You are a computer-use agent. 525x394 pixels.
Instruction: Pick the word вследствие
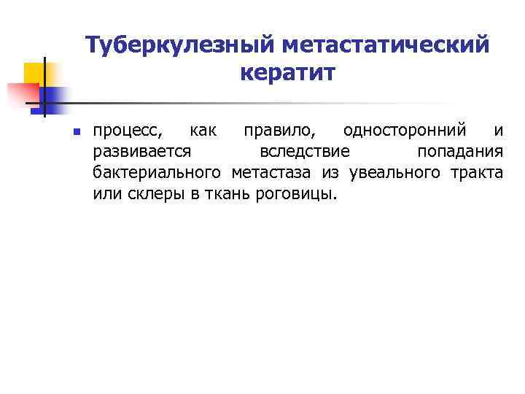tap(305, 152)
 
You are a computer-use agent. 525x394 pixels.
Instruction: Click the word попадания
tap(459, 152)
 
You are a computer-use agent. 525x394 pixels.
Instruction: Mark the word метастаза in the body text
tap(272, 173)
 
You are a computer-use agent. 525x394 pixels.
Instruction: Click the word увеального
tap(394, 173)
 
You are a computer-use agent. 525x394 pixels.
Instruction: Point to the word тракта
tap(477, 173)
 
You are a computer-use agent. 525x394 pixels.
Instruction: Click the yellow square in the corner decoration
tap(34, 73)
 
